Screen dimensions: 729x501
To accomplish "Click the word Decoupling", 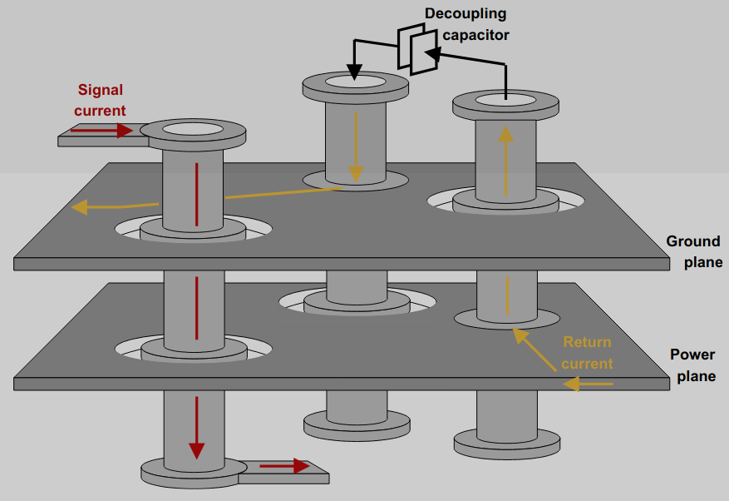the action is (x=465, y=13).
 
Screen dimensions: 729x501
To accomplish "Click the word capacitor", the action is (x=475, y=35).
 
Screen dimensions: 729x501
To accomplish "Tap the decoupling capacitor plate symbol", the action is (x=417, y=49).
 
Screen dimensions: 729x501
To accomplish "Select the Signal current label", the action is (x=100, y=100).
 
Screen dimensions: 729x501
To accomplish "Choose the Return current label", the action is (x=587, y=353).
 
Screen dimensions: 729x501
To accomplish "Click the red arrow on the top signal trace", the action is (x=101, y=131).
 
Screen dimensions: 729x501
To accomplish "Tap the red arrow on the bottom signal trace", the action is (x=284, y=465).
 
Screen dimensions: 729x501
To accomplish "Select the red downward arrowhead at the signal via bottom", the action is (x=197, y=449).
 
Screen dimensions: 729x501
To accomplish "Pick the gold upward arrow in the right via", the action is (x=506, y=161).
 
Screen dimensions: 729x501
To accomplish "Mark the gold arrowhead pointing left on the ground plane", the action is (x=80, y=206).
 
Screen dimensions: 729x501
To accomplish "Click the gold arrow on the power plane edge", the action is (x=588, y=384).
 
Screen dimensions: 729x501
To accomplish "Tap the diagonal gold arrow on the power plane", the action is (x=534, y=350).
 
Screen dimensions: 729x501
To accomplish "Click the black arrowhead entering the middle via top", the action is (x=354, y=72).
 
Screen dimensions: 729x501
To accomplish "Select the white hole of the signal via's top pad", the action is (x=193, y=129).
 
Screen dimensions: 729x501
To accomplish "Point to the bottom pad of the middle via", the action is (x=357, y=425).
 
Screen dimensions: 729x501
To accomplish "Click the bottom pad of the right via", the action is (x=507, y=444).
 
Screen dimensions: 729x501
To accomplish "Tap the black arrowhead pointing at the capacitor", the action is (x=432, y=53).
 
